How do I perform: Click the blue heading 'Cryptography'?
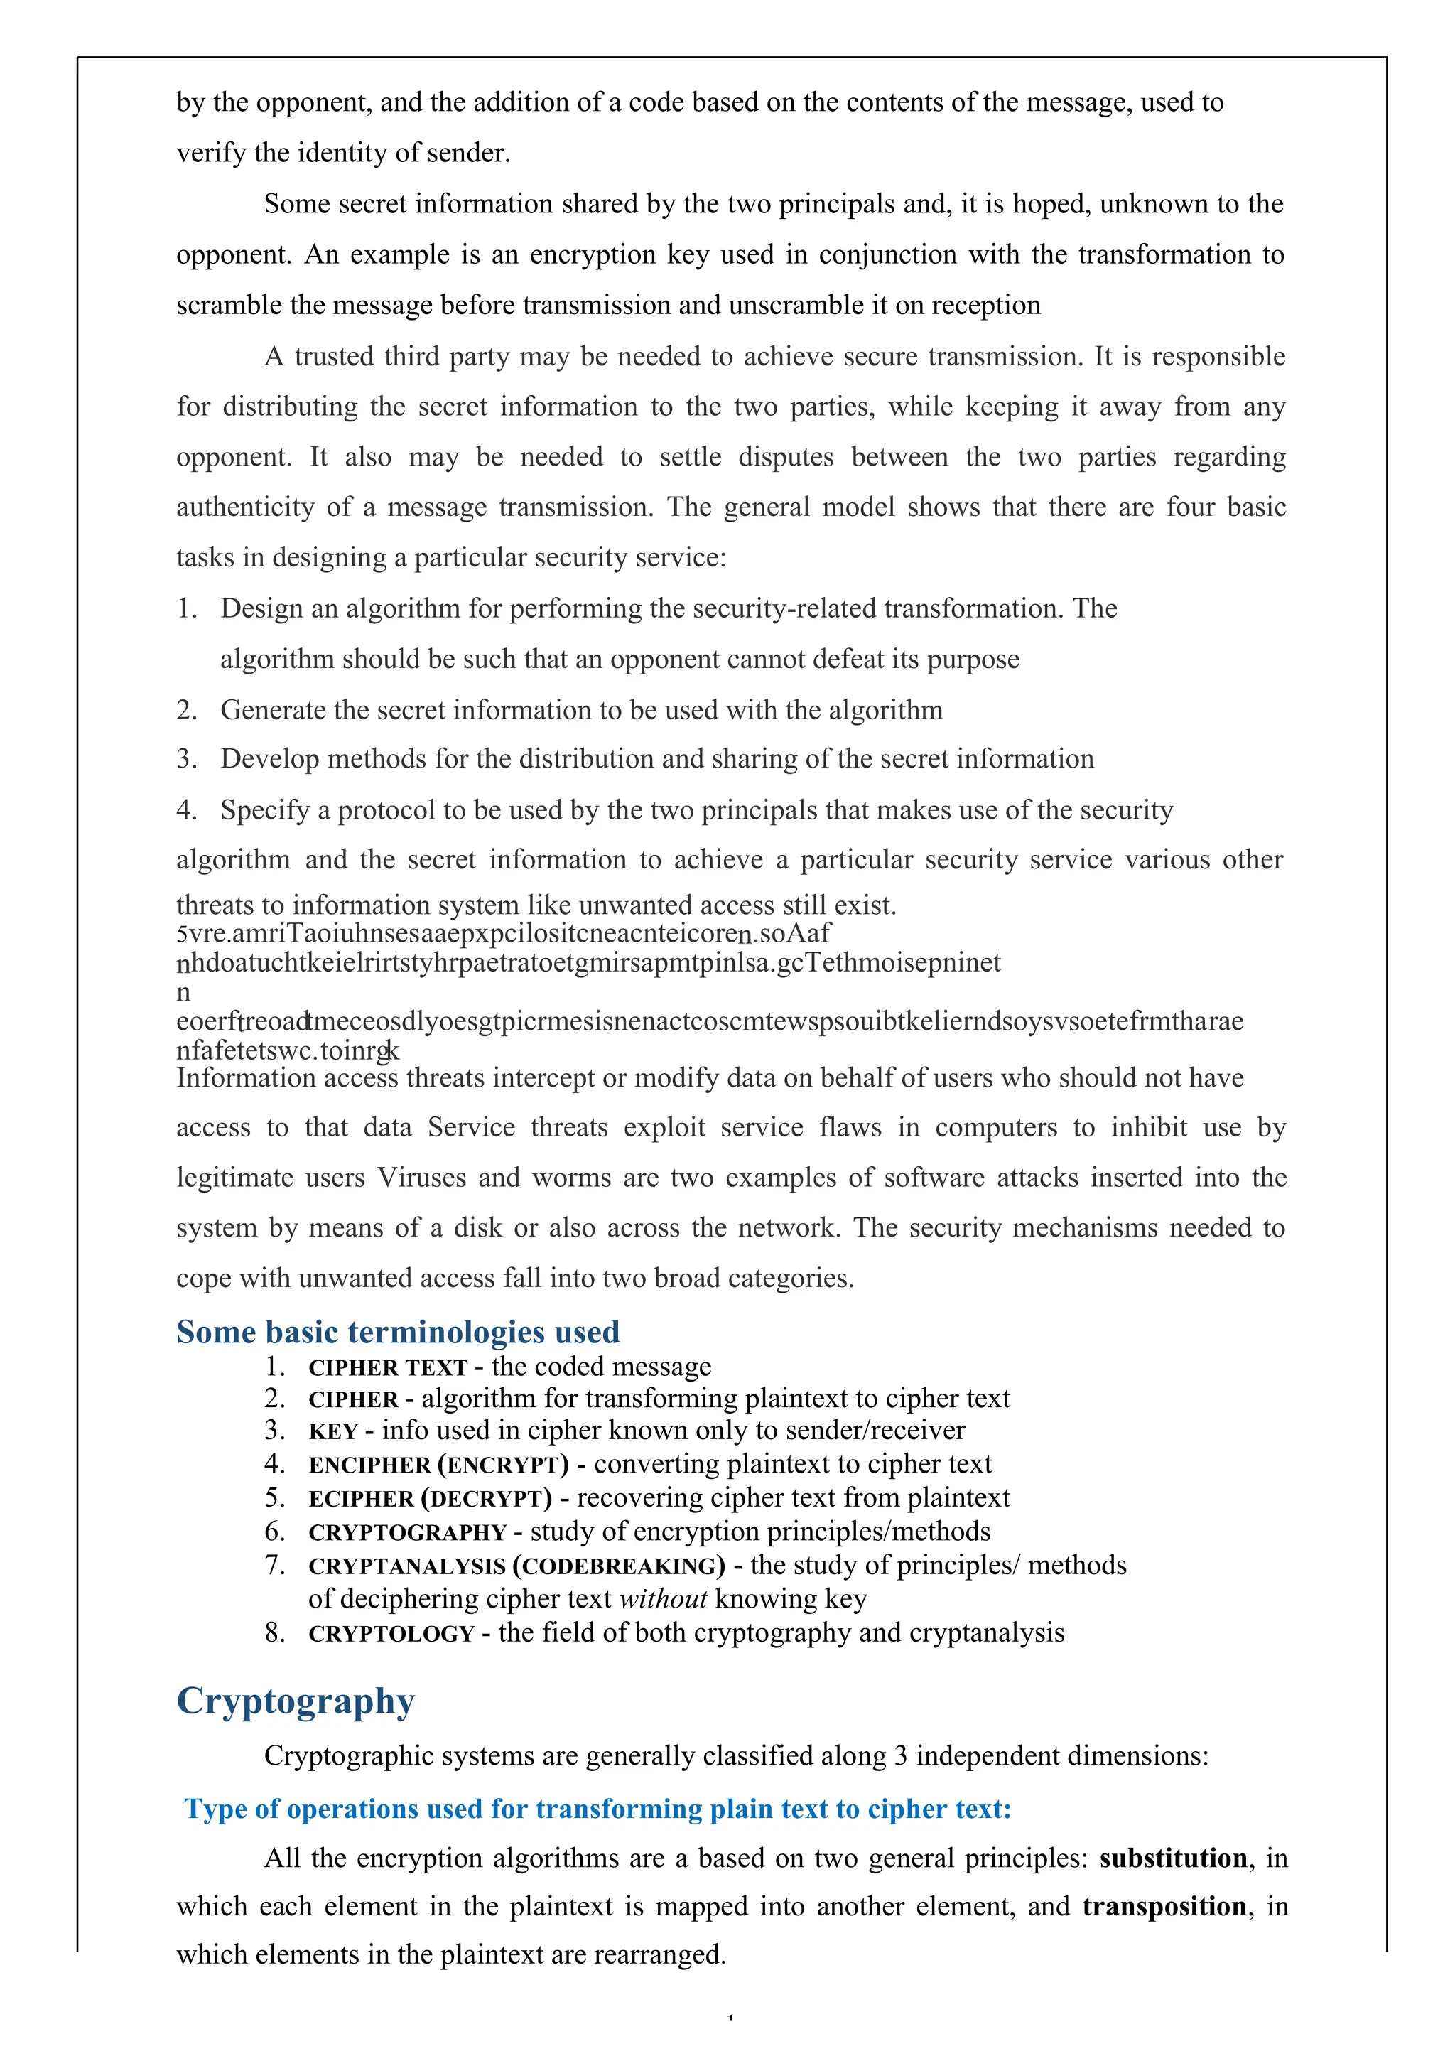296,1701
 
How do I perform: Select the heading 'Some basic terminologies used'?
398,1331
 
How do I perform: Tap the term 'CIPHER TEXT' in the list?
388,1368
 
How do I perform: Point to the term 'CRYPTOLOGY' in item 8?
391,1634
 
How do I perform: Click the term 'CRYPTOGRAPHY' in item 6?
408,1532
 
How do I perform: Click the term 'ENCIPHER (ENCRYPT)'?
438,1465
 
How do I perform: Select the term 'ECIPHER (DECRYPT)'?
430,1499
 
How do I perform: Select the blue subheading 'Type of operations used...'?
597,1809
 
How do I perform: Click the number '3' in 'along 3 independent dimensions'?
900,1756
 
